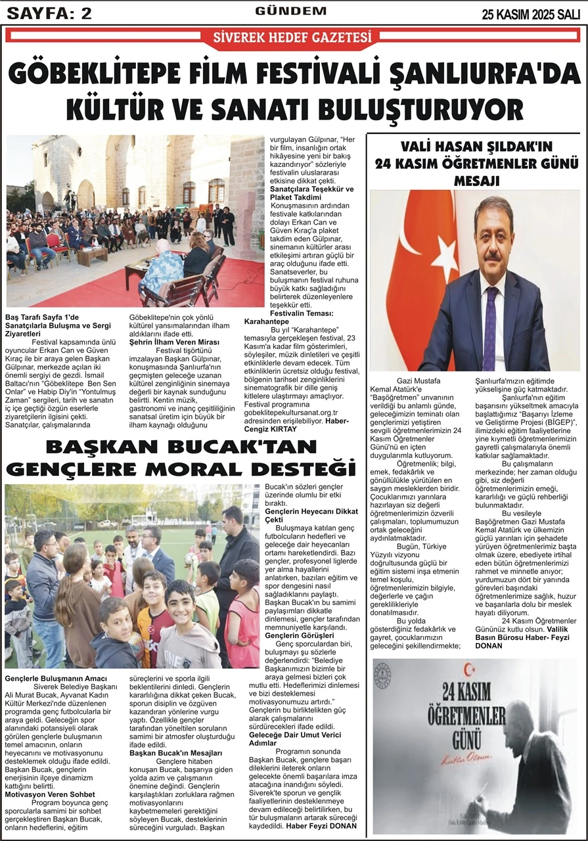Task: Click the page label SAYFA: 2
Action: (49, 12)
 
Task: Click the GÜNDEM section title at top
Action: (292, 11)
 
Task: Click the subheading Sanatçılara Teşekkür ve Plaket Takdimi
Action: (312, 193)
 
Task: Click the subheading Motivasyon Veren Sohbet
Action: (50, 794)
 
